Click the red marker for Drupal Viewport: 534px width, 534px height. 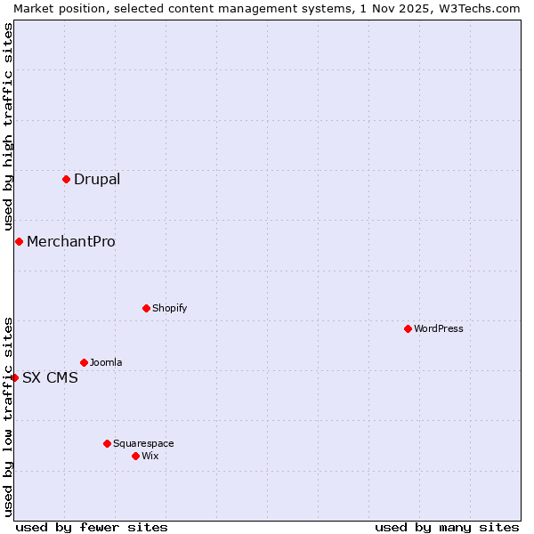pyautogui.click(x=66, y=179)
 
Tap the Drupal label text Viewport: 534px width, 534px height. pyautogui.click(x=97, y=179)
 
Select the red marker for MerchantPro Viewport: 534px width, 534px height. pyautogui.click(x=19, y=241)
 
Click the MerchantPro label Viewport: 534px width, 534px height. pyautogui.click(x=71, y=241)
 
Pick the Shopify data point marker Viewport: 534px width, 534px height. pyautogui.click(x=146, y=308)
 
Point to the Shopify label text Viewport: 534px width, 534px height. pyautogui.click(x=170, y=308)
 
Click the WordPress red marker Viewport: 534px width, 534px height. pyautogui.click(x=408, y=328)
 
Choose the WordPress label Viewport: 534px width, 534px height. pyautogui.click(x=439, y=328)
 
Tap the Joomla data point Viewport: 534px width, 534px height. pyautogui.click(x=84, y=362)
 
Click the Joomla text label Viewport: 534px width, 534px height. pyautogui.click(x=106, y=362)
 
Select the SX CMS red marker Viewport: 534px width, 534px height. pyautogui.click(x=14, y=377)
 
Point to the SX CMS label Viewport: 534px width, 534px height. pyautogui.click(x=50, y=377)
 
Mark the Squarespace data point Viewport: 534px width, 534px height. pyautogui.click(x=107, y=443)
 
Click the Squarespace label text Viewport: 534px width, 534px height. pyautogui.click(x=143, y=443)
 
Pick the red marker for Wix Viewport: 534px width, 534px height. pyautogui.click(x=135, y=456)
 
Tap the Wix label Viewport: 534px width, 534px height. pyautogui.click(x=150, y=456)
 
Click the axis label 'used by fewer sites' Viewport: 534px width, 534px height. pyautogui.click(x=92, y=527)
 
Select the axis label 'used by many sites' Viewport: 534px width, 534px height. pyautogui.click(x=447, y=527)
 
